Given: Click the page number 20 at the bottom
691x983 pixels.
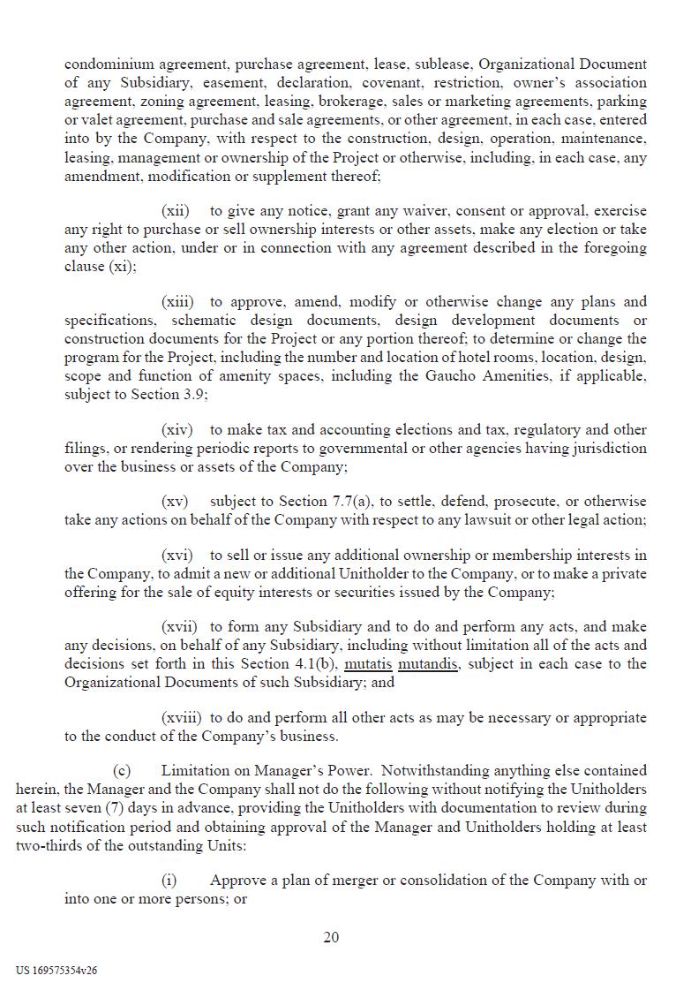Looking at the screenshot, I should tap(331, 937).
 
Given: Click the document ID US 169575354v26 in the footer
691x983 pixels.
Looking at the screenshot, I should tap(56, 970).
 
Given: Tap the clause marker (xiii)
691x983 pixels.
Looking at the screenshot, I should tap(177, 302).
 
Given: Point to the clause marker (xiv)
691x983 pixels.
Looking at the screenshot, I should tap(177, 430).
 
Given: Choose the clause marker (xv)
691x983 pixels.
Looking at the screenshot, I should tap(175, 502).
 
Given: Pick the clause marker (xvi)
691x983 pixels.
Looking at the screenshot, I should tap(177, 556).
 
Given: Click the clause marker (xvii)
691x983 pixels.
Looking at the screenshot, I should tap(178, 627).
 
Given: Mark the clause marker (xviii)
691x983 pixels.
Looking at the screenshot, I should tap(180, 717).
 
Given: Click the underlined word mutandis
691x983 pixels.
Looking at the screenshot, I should tap(428, 664).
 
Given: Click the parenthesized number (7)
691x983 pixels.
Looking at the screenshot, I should tap(117, 808).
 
